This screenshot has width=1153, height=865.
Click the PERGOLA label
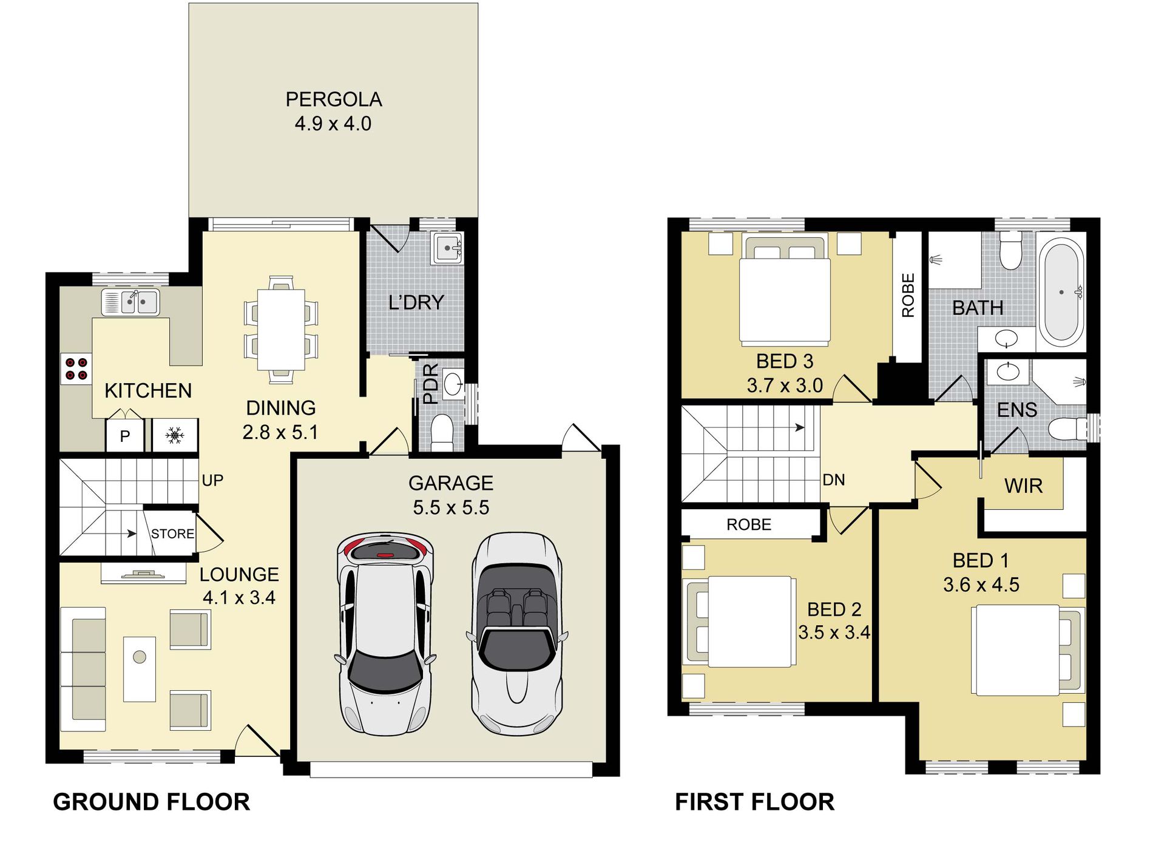click(x=334, y=99)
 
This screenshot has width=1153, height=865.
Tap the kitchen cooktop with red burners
click(x=76, y=369)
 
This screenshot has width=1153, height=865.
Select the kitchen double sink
click(x=130, y=302)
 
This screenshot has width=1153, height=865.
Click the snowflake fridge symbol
click(x=175, y=435)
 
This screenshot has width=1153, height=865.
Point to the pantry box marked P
click(x=125, y=436)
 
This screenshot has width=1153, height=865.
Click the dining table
click(x=281, y=330)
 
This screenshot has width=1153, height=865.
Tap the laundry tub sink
click(x=447, y=248)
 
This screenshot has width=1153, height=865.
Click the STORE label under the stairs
click(x=173, y=534)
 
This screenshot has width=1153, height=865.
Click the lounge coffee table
click(x=140, y=669)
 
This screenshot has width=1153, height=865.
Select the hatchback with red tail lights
click(x=385, y=634)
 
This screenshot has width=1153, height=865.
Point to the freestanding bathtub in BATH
click(x=1061, y=293)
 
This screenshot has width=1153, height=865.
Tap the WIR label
click(x=1023, y=486)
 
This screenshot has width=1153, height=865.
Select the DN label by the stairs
click(x=834, y=480)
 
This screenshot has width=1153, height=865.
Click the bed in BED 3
click(x=785, y=291)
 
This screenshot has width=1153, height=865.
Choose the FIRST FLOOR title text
click(x=755, y=802)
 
